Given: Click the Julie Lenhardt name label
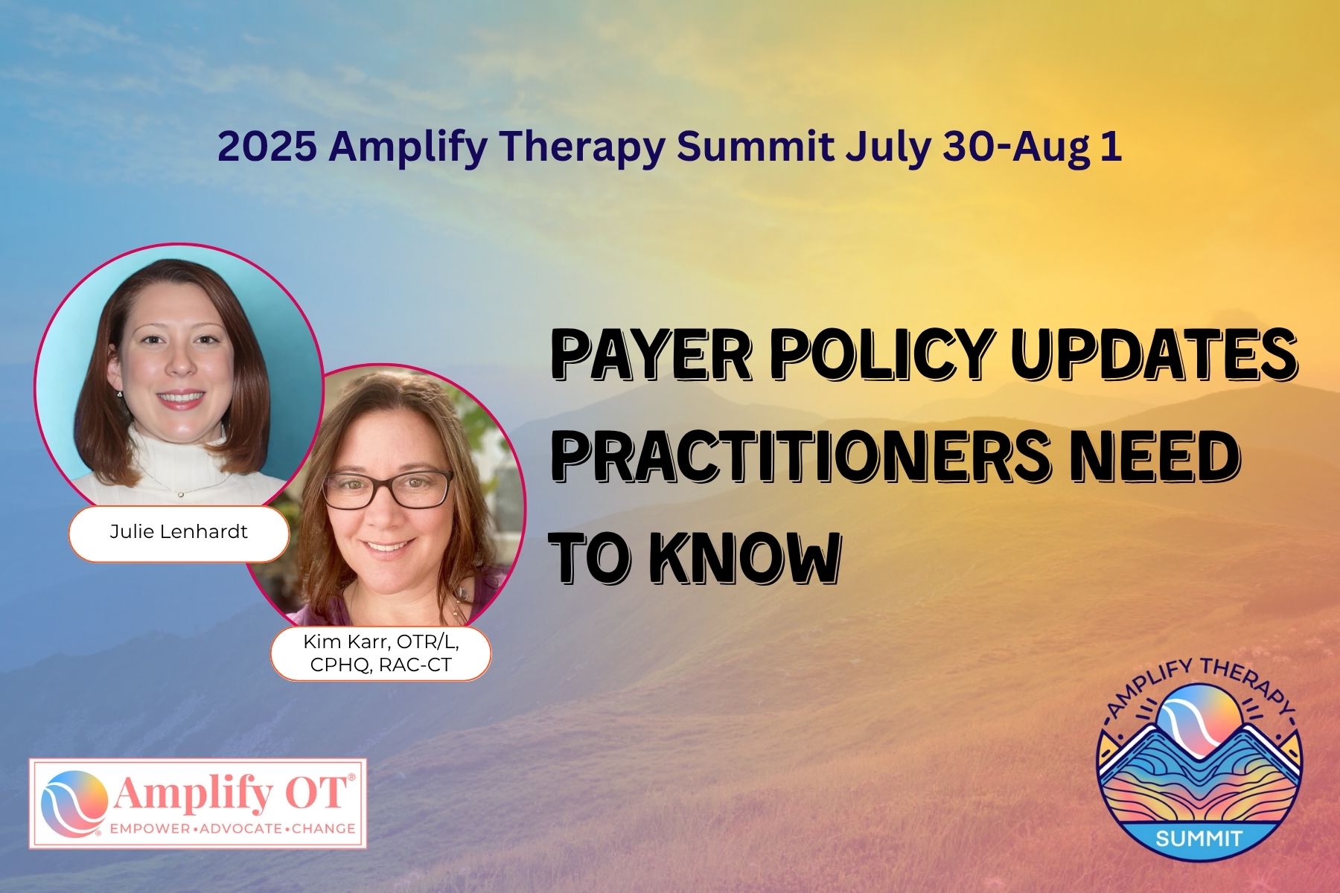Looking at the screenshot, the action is [x=179, y=532].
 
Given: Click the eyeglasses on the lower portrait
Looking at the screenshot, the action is [x=387, y=489].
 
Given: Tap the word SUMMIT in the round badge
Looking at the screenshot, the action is [x=1199, y=838].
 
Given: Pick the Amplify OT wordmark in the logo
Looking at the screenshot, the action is [x=231, y=796].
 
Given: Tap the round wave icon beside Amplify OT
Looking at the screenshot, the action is [x=71, y=803].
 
